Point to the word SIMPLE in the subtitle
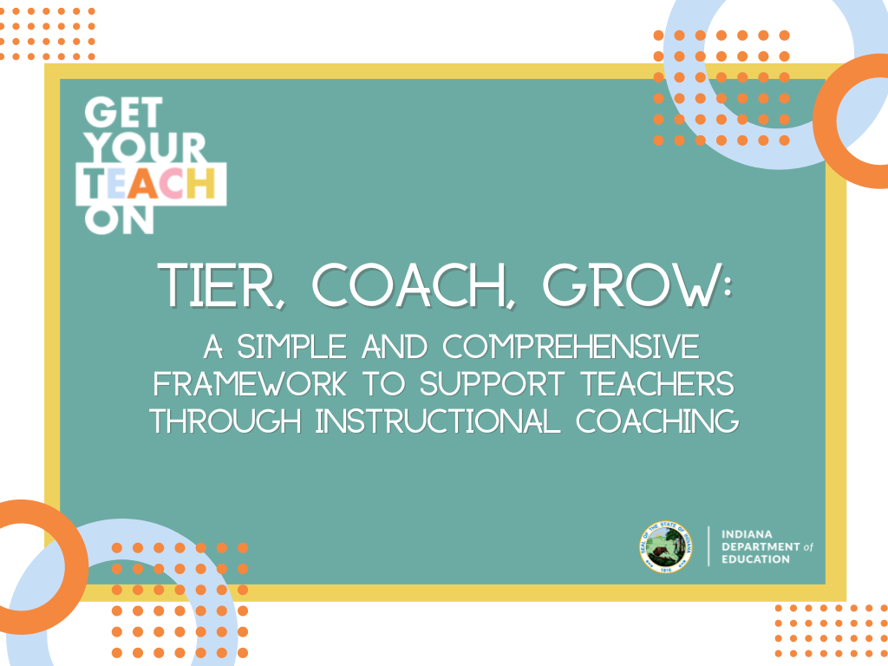coord(281,348)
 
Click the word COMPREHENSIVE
coord(571,348)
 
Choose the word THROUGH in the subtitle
coord(226,421)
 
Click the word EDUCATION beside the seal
coord(755,559)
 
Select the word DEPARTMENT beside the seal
coord(760,546)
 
